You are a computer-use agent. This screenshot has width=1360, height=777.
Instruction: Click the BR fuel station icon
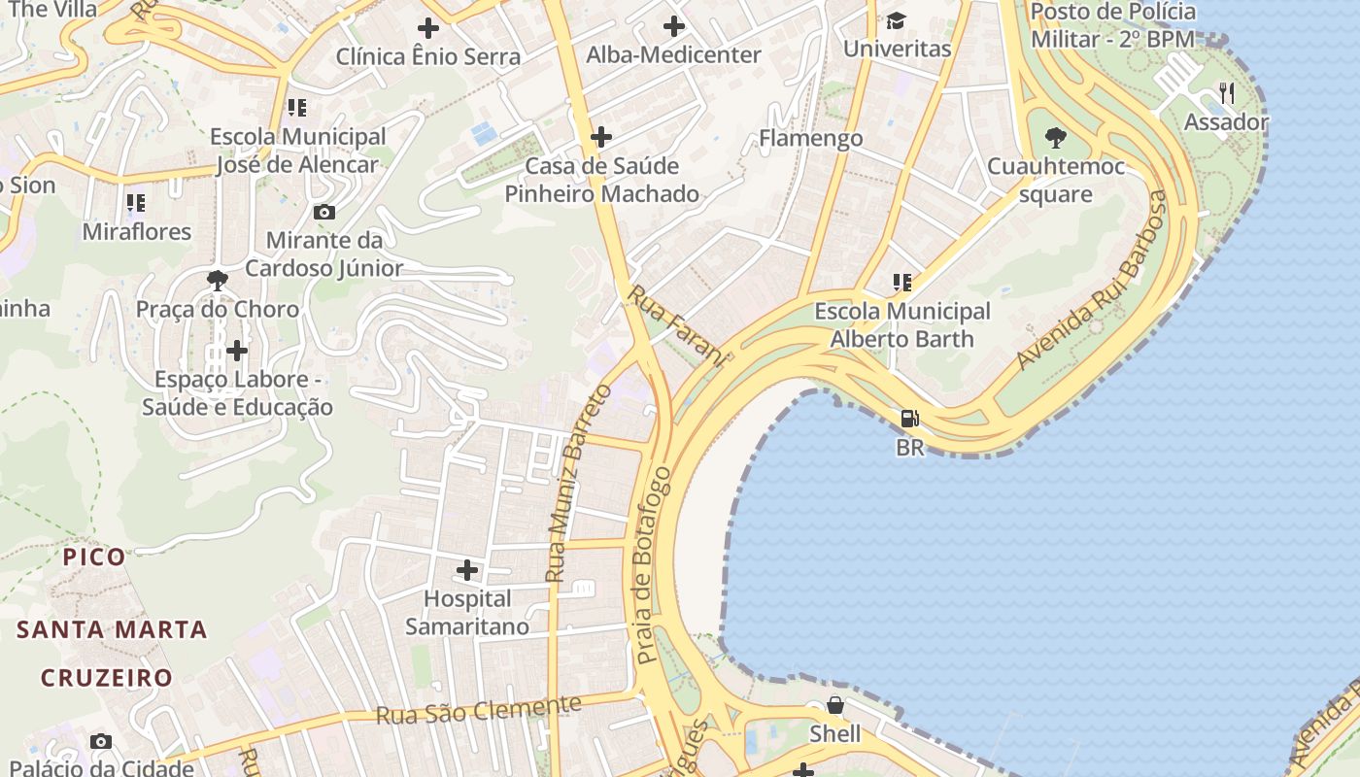(x=909, y=419)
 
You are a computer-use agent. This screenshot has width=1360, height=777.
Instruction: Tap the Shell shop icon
(x=834, y=705)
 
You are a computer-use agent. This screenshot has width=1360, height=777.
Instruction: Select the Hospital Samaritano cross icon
(x=467, y=570)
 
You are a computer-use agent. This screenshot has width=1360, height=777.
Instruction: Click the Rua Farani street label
(x=677, y=326)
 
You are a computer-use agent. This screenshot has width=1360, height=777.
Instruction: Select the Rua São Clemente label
(x=478, y=710)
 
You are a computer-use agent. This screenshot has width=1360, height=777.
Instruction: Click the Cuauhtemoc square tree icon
(x=1055, y=138)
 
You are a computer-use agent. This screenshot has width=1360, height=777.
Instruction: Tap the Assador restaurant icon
(x=1226, y=93)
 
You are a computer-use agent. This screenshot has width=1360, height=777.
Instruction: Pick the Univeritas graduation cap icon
(x=896, y=20)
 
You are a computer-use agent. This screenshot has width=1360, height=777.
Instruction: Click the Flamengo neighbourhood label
(x=810, y=138)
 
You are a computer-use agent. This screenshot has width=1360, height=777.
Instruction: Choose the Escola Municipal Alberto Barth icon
(x=901, y=283)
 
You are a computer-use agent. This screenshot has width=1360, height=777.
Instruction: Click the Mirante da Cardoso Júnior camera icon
(x=324, y=212)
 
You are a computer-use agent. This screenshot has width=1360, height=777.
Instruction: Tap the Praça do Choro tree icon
(x=218, y=281)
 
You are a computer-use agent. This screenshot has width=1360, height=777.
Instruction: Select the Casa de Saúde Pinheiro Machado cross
(x=601, y=137)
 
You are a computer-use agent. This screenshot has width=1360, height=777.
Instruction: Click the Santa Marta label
(x=112, y=629)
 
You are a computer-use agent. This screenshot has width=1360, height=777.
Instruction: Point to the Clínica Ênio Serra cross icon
(x=427, y=28)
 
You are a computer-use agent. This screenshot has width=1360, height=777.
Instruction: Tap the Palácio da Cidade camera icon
(x=100, y=742)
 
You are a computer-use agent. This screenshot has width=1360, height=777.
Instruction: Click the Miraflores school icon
(x=136, y=203)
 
